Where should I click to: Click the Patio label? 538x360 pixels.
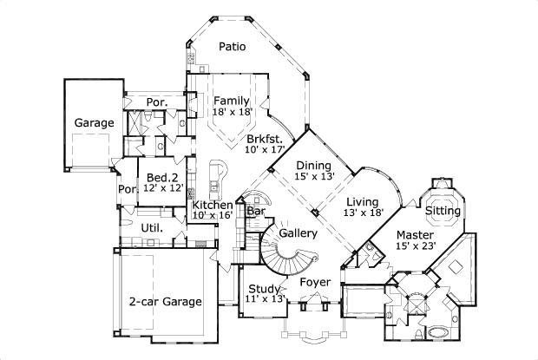click(x=232, y=47)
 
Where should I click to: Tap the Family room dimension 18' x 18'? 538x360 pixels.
click(x=233, y=113)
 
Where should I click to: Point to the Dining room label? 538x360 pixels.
click(x=313, y=166)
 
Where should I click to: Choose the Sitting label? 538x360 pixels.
click(x=443, y=210)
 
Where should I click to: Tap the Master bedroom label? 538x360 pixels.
click(x=416, y=234)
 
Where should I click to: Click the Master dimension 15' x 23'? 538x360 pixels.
click(x=415, y=246)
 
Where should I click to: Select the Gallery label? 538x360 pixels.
click(x=298, y=233)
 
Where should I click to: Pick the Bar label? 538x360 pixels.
click(x=256, y=211)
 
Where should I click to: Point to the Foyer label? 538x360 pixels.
click(x=314, y=282)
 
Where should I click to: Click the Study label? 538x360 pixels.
click(x=263, y=288)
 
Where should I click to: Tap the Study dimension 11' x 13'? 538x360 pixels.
click(x=264, y=299)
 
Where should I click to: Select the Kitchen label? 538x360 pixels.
click(x=213, y=205)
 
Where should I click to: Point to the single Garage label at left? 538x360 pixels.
click(x=94, y=123)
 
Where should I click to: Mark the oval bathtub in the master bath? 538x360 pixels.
click(x=434, y=333)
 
